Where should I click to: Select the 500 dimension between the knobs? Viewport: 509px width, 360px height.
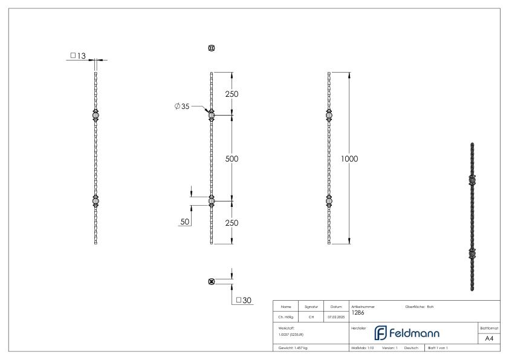232,159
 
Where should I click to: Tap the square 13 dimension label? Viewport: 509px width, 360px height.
78,56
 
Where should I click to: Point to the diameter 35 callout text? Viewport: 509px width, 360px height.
181,106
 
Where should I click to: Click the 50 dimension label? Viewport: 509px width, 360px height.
184,222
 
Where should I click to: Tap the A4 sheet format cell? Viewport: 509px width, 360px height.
489,338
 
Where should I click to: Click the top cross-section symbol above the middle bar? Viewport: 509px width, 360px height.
211,48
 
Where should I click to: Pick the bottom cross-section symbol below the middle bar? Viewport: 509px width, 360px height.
211,281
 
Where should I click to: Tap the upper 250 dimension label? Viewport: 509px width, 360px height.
232,94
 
